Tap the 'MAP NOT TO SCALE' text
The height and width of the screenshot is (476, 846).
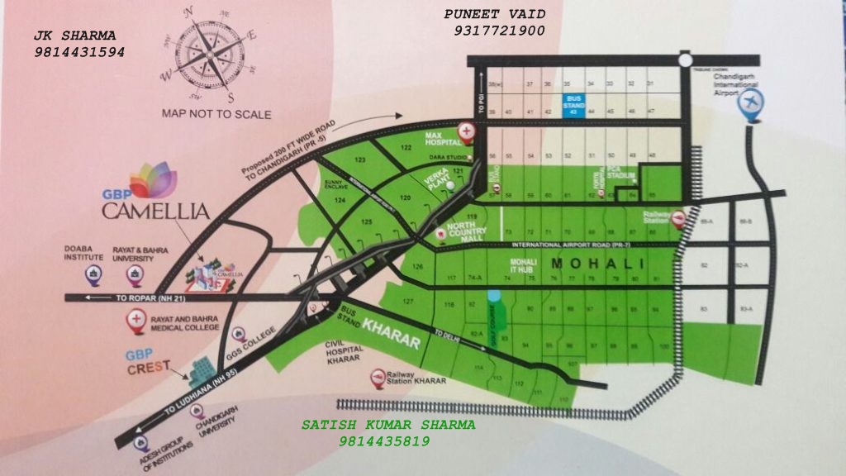pyautogui.click(x=216, y=114)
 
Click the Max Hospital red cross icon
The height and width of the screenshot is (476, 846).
pyautogui.click(x=468, y=131)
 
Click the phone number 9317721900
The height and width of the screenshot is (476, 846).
pyautogui.click(x=493, y=31)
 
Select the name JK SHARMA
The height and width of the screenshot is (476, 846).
pyautogui.click(x=74, y=36)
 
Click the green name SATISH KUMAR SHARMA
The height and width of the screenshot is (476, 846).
pyautogui.click(x=387, y=425)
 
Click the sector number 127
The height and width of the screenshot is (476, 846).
pyautogui.click(x=407, y=302)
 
